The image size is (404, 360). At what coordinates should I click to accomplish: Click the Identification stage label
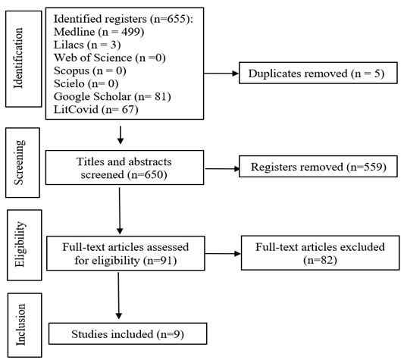(18, 58)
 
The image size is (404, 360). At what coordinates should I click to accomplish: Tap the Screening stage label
(19, 162)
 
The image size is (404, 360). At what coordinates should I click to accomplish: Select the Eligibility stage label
(20, 244)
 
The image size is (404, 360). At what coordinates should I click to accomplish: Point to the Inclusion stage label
(20, 324)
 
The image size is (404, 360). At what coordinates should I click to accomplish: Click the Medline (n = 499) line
(99, 32)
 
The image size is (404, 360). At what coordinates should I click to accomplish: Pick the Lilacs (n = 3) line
(87, 45)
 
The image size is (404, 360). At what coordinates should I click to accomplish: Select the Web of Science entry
(109, 58)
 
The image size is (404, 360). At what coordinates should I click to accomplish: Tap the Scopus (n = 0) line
(90, 70)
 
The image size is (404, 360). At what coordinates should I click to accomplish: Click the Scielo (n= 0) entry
(86, 83)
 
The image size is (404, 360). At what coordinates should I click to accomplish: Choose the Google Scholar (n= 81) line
(112, 97)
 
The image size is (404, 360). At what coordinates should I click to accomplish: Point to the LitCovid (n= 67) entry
(96, 110)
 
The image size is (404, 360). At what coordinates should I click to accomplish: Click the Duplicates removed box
(318, 73)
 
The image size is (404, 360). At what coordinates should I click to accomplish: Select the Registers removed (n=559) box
(318, 167)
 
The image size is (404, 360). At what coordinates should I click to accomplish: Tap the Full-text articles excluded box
(321, 253)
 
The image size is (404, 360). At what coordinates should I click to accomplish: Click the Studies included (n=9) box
(128, 333)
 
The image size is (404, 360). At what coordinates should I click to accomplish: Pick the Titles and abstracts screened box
(125, 167)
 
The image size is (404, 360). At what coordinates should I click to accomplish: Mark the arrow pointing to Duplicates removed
(221, 74)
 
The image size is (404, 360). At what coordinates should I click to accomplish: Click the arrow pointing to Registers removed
(222, 169)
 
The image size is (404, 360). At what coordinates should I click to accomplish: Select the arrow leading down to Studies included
(118, 296)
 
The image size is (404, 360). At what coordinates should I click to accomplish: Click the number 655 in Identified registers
(177, 19)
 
